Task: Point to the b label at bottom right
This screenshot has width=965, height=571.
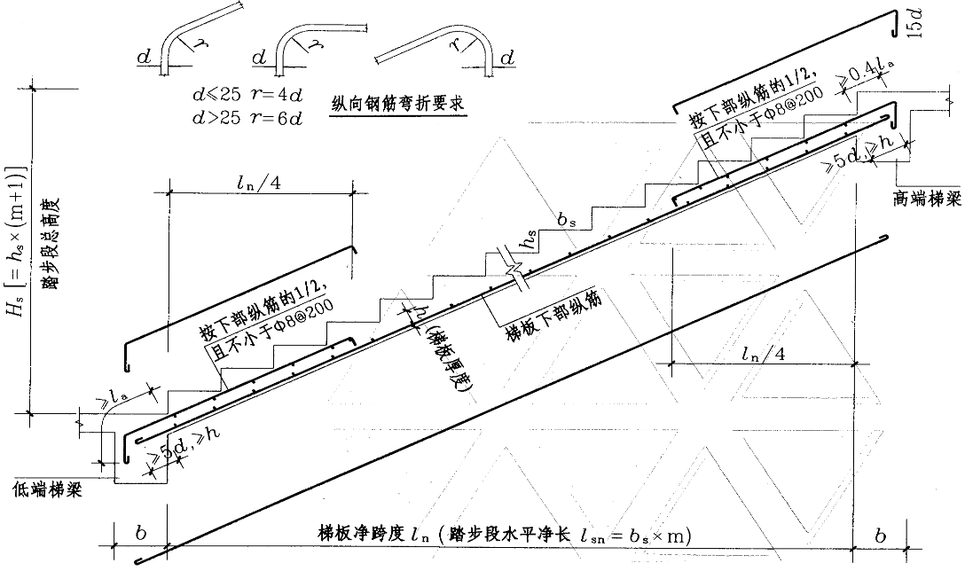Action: click(878, 535)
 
